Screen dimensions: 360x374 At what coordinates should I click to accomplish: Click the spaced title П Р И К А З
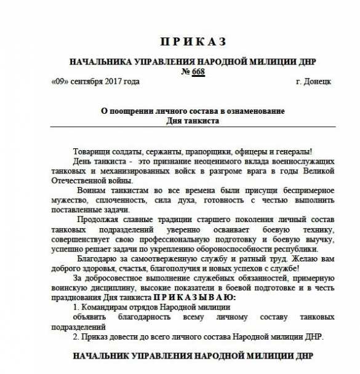tap(193, 42)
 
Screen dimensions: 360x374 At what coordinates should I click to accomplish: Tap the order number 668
tap(198, 71)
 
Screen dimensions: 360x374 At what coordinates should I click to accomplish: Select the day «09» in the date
tap(60, 81)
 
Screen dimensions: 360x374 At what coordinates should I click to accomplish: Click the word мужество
tap(68, 201)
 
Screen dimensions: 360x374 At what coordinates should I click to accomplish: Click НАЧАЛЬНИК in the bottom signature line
tap(104, 356)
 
